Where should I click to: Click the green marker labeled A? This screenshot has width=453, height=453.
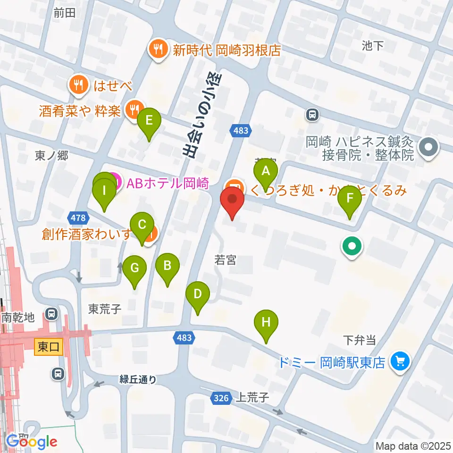point(266,171)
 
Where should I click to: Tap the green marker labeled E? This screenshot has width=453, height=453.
point(149,120)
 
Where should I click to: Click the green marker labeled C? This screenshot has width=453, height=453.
point(142,225)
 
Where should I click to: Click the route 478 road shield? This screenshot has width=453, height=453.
point(78,218)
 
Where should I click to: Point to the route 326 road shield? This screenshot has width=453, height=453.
point(221,398)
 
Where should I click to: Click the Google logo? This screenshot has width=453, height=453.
point(32,441)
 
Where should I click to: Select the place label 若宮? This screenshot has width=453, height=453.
point(225,260)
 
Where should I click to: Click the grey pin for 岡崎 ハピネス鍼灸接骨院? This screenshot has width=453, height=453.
point(429,147)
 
